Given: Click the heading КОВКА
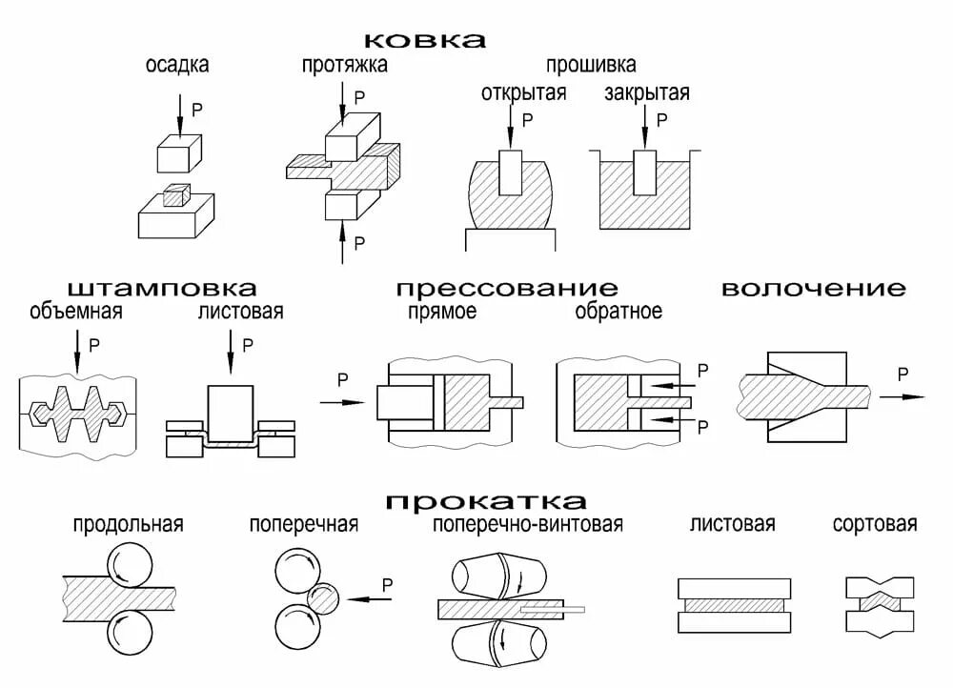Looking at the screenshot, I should coord(425,39).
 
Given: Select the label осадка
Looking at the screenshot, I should coord(177,66).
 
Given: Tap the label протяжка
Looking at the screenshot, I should coord(345,66).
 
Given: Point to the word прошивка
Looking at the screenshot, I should coord(591,66).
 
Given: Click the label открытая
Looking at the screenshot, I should coord(523,93).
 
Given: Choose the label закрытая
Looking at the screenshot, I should coord(647,93).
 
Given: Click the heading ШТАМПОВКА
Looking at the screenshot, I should coord(162,288).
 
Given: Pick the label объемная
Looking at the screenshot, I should coord(76,312).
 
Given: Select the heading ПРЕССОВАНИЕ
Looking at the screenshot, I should coord(507,288).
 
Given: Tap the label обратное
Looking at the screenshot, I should coord(618,312).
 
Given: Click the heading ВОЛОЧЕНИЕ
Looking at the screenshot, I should coord(813,288).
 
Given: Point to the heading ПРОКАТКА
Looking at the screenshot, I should coord(486,501).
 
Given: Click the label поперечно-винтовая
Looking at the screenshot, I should coord(528,525).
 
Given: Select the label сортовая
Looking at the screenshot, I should coord(874,524).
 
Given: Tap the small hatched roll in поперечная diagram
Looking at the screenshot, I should coord(323,598).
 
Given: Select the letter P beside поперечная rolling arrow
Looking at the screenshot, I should coord(387,583).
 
